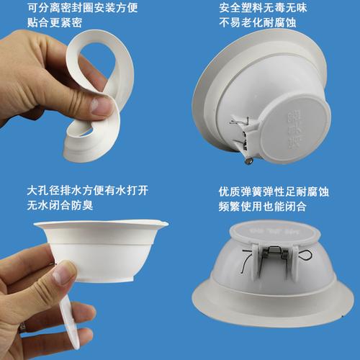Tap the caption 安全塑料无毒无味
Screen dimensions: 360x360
tap(265, 10)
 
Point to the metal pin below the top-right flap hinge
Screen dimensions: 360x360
tap(248, 163)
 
